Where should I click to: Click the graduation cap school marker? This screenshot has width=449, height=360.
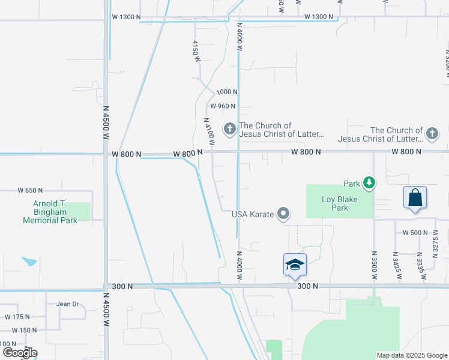tap(295, 265)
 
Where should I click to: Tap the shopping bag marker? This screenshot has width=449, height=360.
tap(415, 197)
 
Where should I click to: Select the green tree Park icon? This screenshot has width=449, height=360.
tap(370, 183)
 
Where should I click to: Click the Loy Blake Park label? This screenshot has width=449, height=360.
tap(335, 204)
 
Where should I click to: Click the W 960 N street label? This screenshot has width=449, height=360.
tap(222, 106)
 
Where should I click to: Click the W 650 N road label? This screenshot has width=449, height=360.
tap(30, 190)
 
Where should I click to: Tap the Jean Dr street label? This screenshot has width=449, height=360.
tap(68, 304)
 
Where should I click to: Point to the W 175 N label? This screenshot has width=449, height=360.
tap(17, 316)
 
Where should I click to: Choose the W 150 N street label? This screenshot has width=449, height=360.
tap(24, 330)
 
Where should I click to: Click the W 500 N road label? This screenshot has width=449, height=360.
tap(415, 233)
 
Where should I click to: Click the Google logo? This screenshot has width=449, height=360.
tap(19, 353)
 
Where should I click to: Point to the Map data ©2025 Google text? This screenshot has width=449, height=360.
tap(411, 355)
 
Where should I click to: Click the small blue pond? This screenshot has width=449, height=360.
tap(29, 261)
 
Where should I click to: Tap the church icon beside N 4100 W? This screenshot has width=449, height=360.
tap(229, 129)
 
